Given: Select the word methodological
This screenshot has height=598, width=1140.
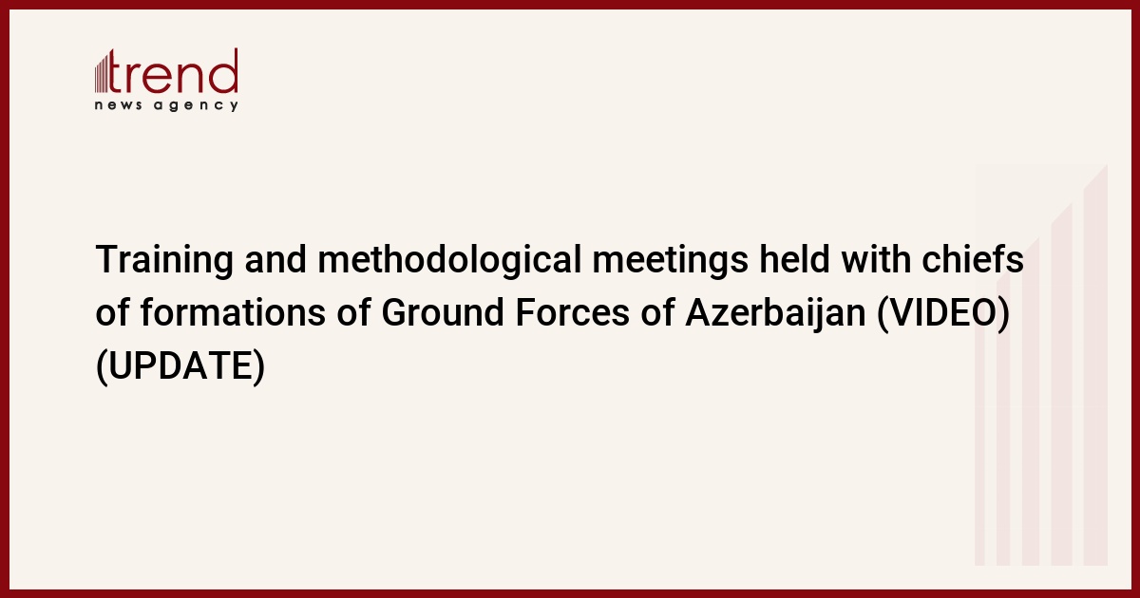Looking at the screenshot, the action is [x=449, y=260].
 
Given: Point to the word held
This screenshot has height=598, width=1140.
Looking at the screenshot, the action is [x=794, y=259].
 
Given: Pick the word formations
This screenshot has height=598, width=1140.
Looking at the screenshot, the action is [x=233, y=311].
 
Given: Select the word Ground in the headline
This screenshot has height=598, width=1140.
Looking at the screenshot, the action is [x=443, y=311].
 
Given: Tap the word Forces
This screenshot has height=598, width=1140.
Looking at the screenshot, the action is [x=572, y=312].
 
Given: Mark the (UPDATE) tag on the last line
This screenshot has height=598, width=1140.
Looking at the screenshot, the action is [x=180, y=366].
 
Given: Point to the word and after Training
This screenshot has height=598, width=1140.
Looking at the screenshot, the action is [x=275, y=259].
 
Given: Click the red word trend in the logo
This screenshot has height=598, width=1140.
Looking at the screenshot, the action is [x=173, y=71].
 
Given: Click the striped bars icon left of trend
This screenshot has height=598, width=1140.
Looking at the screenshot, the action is [x=102, y=73].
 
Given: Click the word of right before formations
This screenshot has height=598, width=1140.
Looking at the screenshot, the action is [x=112, y=311].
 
